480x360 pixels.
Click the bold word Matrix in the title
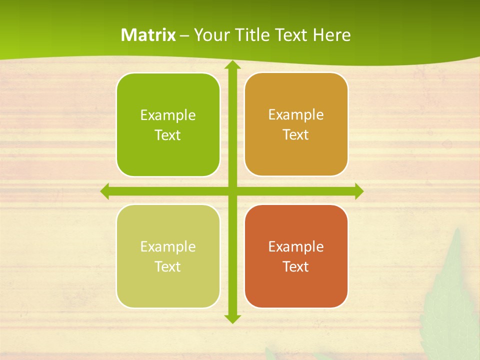coord(148,35)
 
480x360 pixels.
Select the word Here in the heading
coord(332,35)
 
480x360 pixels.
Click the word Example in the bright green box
coord(168,115)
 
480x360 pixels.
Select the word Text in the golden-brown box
coord(296,135)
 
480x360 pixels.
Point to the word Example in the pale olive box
coord(168,246)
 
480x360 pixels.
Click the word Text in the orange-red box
coord(296,266)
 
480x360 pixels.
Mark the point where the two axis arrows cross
coord(232,191)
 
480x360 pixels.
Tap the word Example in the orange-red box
coord(296,246)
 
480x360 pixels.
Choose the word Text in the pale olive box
coord(168,266)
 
